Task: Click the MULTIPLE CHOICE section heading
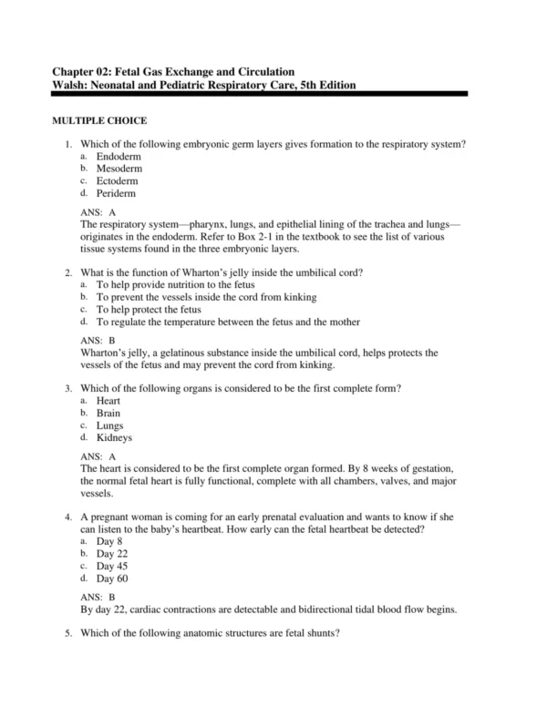(98, 121)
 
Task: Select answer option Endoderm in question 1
(119, 157)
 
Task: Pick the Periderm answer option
(118, 192)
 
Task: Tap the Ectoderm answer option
(119, 180)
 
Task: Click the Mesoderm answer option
(120, 169)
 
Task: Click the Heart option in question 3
(108, 401)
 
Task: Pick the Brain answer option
(108, 413)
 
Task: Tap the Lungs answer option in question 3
(109, 425)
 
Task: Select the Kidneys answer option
(114, 437)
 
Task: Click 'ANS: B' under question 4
(98, 597)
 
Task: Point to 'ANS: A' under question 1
(98, 211)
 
